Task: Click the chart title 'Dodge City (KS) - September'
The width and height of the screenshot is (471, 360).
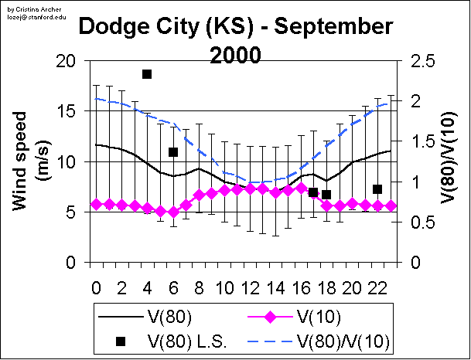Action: [237, 28]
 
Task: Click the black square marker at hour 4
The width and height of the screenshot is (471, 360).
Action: [147, 74]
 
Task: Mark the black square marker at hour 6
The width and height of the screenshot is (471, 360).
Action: [173, 152]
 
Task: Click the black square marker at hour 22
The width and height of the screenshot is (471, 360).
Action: [377, 189]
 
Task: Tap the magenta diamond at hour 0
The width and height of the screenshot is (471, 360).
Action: [96, 204]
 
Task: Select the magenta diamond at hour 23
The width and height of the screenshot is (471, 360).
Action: [391, 206]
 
